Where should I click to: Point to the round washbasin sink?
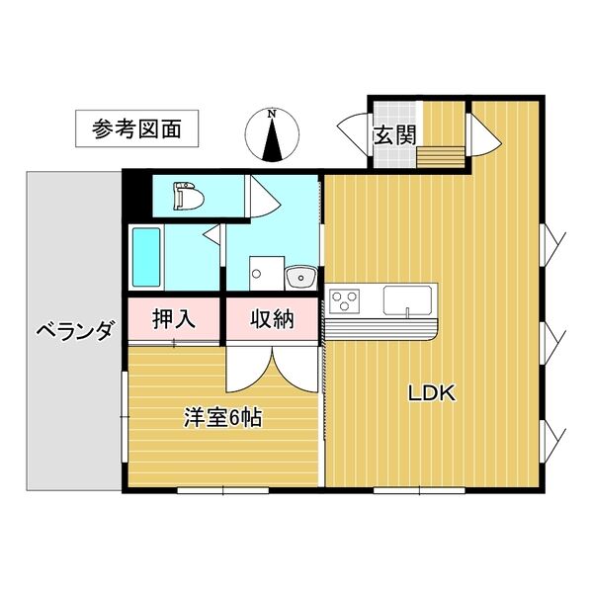(297, 277)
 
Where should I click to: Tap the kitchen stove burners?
(347, 298)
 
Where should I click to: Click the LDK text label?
(432, 393)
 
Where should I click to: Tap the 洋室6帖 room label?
(221, 418)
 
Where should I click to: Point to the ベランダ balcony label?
(74, 330)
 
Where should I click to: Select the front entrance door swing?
(354, 132)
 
